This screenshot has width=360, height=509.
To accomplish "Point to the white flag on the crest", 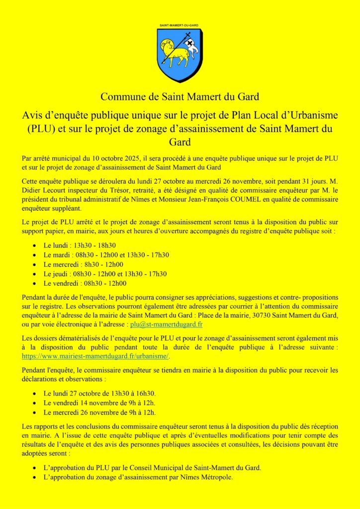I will point(191,47).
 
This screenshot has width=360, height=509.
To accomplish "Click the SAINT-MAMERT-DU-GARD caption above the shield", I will point(180,24).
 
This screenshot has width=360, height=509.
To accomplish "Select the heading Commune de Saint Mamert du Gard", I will point(180,96).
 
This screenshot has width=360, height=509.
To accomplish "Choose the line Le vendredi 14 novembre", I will point(99,403).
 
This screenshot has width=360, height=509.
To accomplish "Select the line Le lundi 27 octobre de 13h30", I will point(99,393).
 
